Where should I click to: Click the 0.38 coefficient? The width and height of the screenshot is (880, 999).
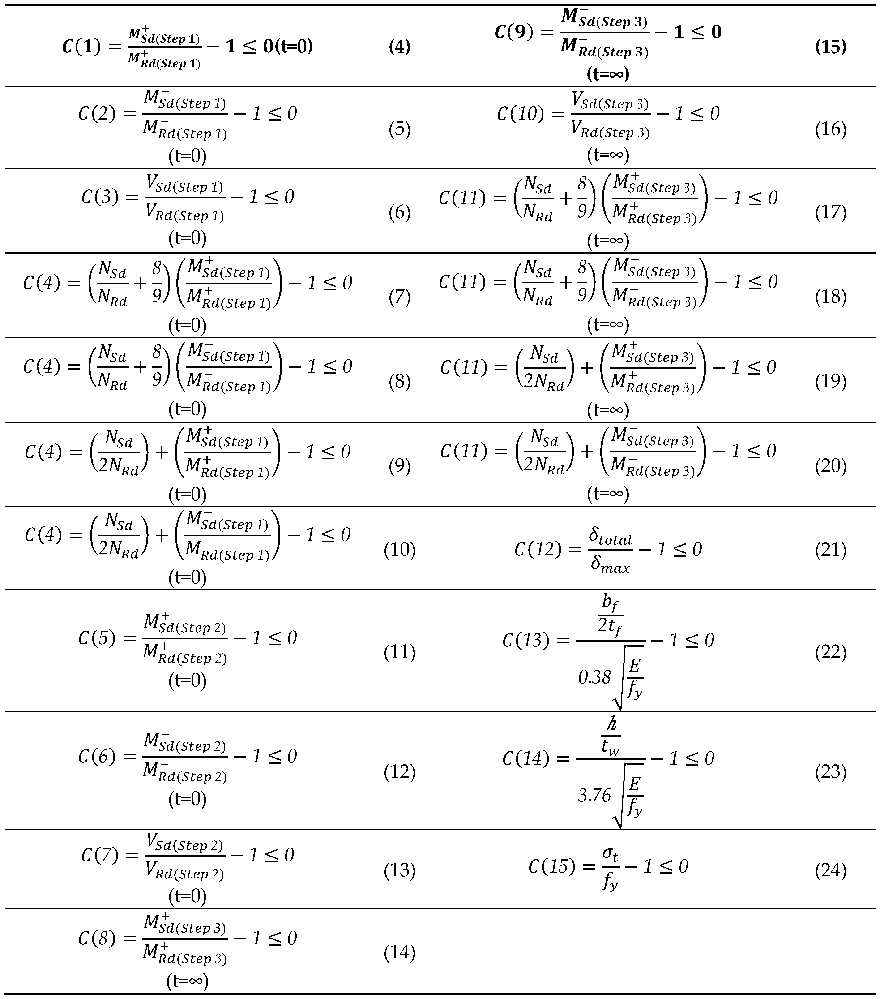coord(594,677)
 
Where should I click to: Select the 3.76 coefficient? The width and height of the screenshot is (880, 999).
coord(594,796)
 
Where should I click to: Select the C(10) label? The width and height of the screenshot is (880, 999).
coord(520,114)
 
